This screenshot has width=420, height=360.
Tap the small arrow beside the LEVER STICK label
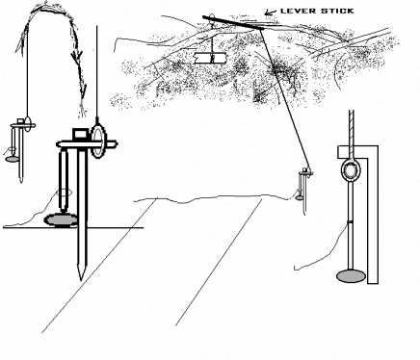[x=269, y=12]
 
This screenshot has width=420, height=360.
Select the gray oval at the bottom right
[x=353, y=278]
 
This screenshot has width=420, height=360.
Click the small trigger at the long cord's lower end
[x=305, y=181]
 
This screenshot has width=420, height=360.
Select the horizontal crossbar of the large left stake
[x=87, y=146]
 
